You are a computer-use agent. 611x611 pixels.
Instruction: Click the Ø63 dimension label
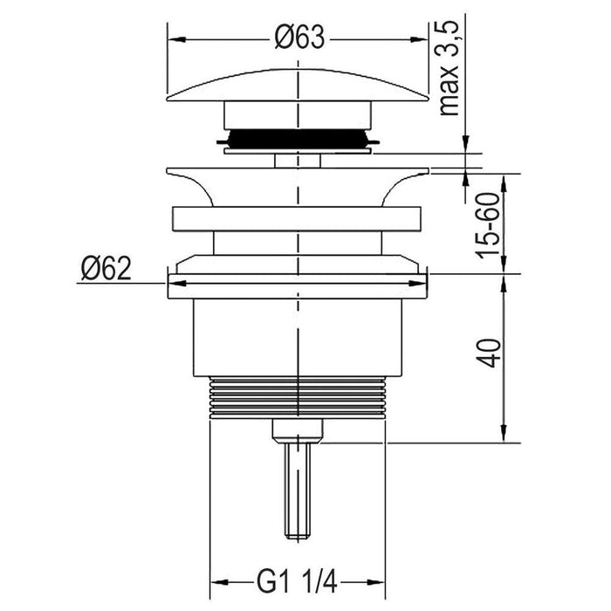298,38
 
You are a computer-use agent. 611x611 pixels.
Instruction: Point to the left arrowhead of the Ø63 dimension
173,39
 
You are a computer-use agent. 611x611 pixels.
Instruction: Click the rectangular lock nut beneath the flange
297,220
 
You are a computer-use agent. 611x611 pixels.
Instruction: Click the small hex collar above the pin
297,429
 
